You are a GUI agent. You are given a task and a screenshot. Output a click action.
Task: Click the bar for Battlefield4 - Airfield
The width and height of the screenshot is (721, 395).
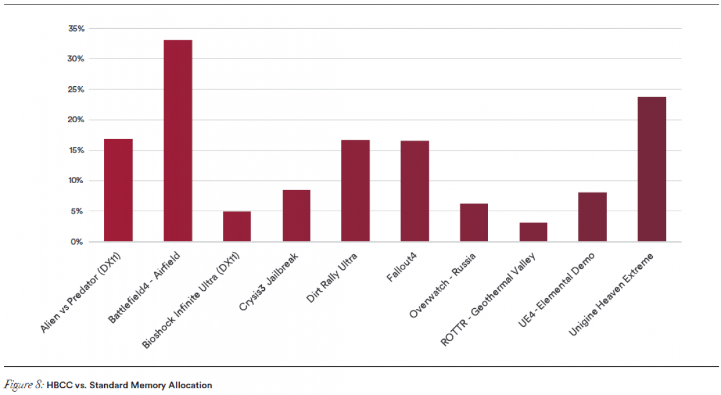pyautogui.click(x=178, y=141)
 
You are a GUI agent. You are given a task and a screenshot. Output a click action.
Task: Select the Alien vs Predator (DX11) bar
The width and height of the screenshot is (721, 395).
pyautogui.click(x=118, y=190)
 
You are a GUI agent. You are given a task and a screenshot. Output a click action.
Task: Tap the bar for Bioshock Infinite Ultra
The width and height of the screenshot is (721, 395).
pyautogui.click(x=237, y=227)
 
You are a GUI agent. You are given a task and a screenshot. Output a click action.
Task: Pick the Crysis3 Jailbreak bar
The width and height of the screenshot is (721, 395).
pyautogui.click(x=296, y=216)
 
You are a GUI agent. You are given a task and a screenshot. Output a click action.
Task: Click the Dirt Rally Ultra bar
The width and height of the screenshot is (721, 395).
pyautogui.click(x=355, y=190)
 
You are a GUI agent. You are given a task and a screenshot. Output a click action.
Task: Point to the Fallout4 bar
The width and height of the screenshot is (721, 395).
pyautogui.click(x=415, y=191)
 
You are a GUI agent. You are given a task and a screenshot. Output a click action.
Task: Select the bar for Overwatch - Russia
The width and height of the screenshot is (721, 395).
pyautogui.click(x=474, y=223)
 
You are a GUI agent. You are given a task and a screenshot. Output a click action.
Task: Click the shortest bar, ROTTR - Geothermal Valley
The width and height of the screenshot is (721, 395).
pyautogui.click(x=533, y=232)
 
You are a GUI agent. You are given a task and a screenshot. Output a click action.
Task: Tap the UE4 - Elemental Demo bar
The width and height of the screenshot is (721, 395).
pyautogui.click(x=593, y=217)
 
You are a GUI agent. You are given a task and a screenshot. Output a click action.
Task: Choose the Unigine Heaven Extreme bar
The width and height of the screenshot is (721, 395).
pyautogui.click(x=652, y=169)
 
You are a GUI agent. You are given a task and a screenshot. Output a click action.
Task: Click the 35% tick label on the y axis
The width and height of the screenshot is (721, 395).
pyautogui.click(x=76, y=29)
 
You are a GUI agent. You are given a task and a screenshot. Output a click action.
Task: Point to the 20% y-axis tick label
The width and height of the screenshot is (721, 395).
pyautogui.click(x=76, y=120)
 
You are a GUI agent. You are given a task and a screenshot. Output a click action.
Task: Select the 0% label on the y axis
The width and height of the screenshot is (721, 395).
pyautogui.click(x=77, y=242)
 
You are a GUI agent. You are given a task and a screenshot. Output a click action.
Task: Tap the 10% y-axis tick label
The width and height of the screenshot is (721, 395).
pyautogui.click(x=76, y=181)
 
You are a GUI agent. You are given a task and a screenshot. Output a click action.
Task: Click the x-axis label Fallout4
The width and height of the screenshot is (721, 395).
pyautogui.click(x=402, y=267)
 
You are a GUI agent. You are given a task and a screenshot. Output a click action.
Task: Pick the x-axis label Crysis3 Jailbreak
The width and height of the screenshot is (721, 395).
pyautogui.click(x=269, y=282)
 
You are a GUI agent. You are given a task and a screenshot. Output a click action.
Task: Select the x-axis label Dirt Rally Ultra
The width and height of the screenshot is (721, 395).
pyautogui.click(x=332, y=278)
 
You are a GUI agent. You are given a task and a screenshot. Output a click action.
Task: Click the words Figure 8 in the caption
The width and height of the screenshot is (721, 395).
pyautogui.click(x=24, y=385)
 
